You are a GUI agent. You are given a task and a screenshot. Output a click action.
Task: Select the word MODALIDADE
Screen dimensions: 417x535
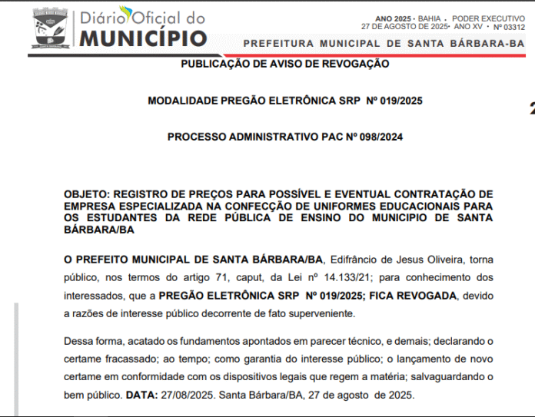pos(185,101)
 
